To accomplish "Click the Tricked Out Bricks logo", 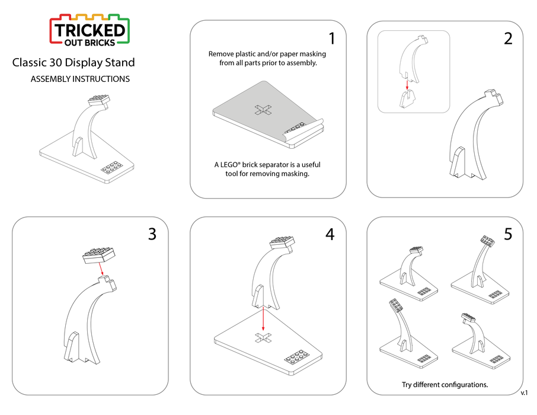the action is click(x=89, y=30).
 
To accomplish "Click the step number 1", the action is click(x=331, y=39).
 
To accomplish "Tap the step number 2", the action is click(x=508, y=39).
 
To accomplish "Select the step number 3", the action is click(x=152, y=234).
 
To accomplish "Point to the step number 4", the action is click(x=330, y=234).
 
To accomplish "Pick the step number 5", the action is click(x=508, y=234).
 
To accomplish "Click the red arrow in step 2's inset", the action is click(x=407, y=85).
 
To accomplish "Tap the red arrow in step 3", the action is click(x=101, y=269).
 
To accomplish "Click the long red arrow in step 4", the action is click(x=263, y=319).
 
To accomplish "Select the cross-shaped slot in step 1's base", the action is click(x=263, y=110).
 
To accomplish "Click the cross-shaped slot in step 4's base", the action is click(x=263, y=338).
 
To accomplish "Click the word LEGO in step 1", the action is click(x=229, y=165).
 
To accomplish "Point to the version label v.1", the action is click(x=524, y=392).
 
